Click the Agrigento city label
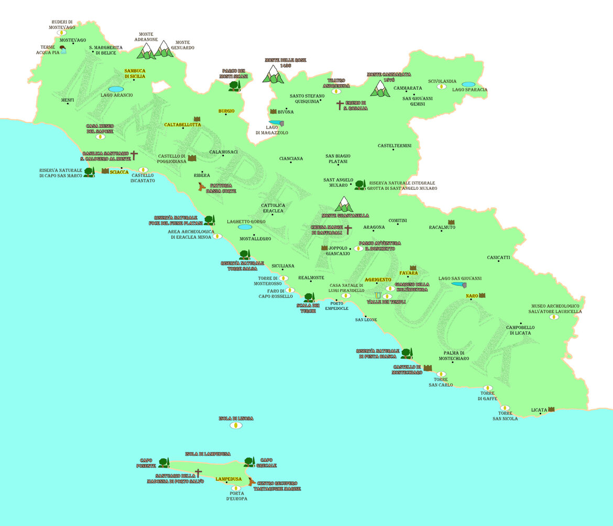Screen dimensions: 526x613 pyautogui.click(x=378, y=280)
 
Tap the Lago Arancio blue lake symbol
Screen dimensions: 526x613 pyautogui.click(x=116, y=89)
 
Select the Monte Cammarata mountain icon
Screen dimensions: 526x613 pyautogui.click(x=380, y=89)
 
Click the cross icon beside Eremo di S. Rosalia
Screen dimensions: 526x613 pyautogui.click(x=340, y=105)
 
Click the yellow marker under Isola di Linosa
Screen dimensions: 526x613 pyautogui.click(x=236, y=425)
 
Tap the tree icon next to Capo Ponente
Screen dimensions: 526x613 pyautogui.click(x=164, y=463)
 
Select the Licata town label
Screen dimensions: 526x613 pyautogui.click(x=539, y=410)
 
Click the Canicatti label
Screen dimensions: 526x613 pyautogui.click(x=498, y=257)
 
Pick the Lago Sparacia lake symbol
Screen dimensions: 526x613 pyautogui.click(x=468, y=84)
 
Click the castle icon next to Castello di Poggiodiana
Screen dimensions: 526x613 pyautogui.click(x=192, y=158)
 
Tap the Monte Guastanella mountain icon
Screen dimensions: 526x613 pyautogui.click(x=344, y=204)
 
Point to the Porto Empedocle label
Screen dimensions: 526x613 pyautogui.click(x=336, y=306)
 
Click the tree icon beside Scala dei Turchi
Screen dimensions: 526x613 pyautogui.click(x=309, y=298)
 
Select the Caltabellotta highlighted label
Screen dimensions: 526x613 pyautogui.click(x=182, y=124)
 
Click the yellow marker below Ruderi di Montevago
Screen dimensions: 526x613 pyautogui.click(x=62, y=33)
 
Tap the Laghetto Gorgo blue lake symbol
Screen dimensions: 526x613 pyautogui.click(x=245, y=227)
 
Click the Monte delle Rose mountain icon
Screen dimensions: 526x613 pyautogui.click(x=273, y=74)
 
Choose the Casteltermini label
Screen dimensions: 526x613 pyautogui.click(x=395, y=145)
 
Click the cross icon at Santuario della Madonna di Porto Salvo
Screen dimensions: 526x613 pyautogui.click(x=198, y=473)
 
